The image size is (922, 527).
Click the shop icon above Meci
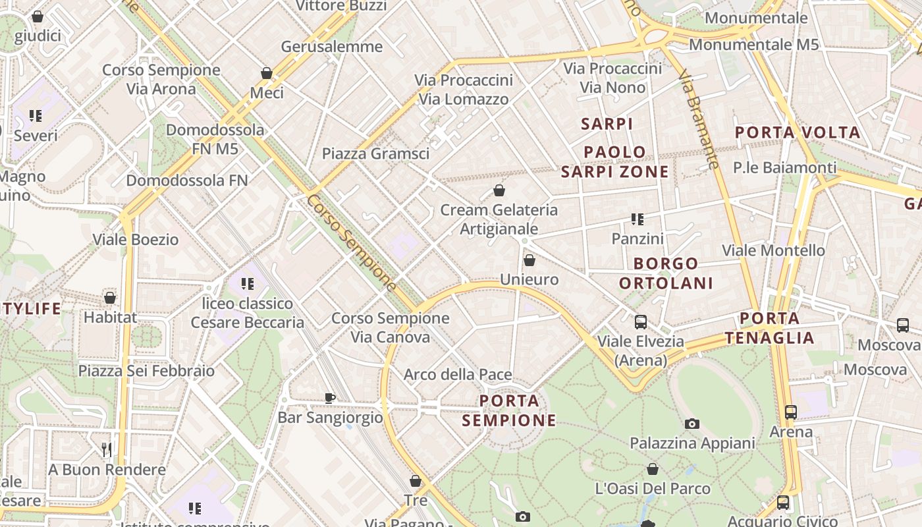coord(267,73)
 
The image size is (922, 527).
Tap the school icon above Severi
coord(36,116)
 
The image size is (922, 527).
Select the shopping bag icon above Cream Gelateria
coord(499,191)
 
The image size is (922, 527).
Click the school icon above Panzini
coord(637,219)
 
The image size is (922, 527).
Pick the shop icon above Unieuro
coord(529,260)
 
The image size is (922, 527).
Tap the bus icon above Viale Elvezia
coord(640,322)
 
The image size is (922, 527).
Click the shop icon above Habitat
coord(110,298)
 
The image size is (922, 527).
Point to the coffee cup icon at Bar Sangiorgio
coord(330,398)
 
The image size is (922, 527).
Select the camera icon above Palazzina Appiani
coord(691,424)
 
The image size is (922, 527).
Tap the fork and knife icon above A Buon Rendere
coord(106,450)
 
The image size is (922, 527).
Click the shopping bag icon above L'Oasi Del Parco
coord(652,469)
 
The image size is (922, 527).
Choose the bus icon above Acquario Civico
coord(782,503)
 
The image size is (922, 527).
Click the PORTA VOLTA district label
coord(798,132)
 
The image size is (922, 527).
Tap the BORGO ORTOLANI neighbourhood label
coord(666,273)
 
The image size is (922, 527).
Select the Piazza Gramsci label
coord(375,153)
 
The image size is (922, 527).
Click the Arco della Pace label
coord(458,375)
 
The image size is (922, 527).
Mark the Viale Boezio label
coord(136,240)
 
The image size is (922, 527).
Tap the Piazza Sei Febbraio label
coord(146,371)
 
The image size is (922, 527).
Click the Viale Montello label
coord(773,250)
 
